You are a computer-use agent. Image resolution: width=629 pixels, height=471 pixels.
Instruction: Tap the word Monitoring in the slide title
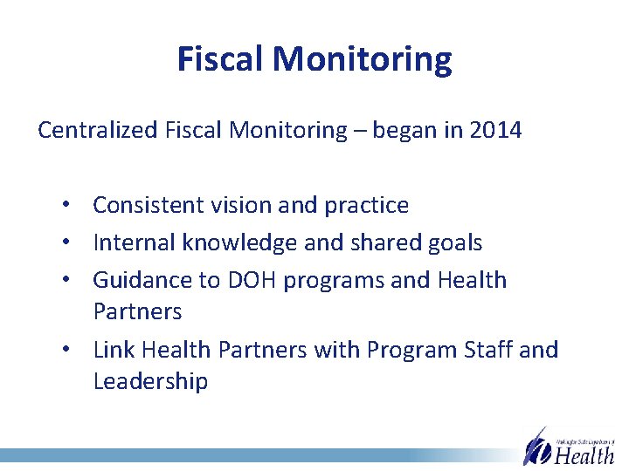[363, 59]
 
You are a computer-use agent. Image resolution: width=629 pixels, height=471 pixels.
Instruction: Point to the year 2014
[495, 131]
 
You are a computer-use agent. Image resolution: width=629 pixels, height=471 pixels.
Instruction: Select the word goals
[449, 242]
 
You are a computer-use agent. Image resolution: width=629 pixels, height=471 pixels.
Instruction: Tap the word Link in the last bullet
[114, 350]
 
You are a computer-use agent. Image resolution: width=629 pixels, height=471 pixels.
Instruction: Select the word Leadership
[150, 381]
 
